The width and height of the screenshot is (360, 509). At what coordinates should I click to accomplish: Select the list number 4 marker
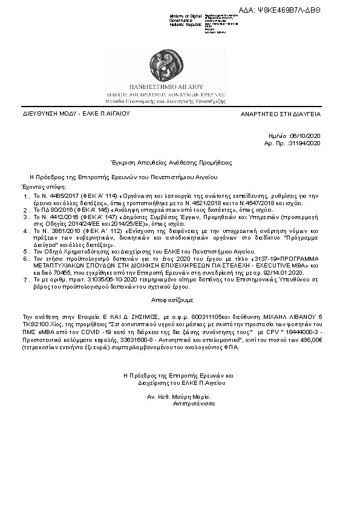click(26, 231)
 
